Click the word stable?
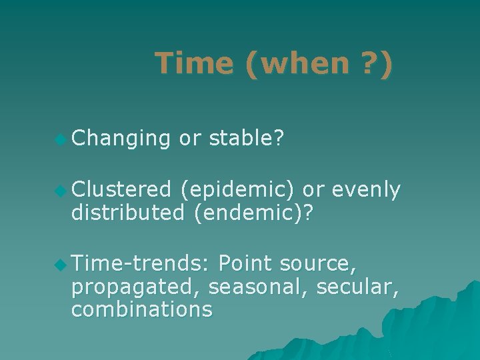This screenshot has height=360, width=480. coord(247,138)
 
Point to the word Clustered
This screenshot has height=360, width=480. coord(121,190)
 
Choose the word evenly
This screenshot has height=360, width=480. coord(365,191)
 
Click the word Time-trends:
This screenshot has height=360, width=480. coord(141,264)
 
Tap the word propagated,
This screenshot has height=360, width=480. coord(137,287)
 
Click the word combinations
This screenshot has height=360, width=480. coord(142,309)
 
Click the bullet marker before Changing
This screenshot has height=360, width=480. coord(61,139)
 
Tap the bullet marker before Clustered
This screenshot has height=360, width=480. coord(61,191)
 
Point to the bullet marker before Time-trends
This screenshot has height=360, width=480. coord(61,265)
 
